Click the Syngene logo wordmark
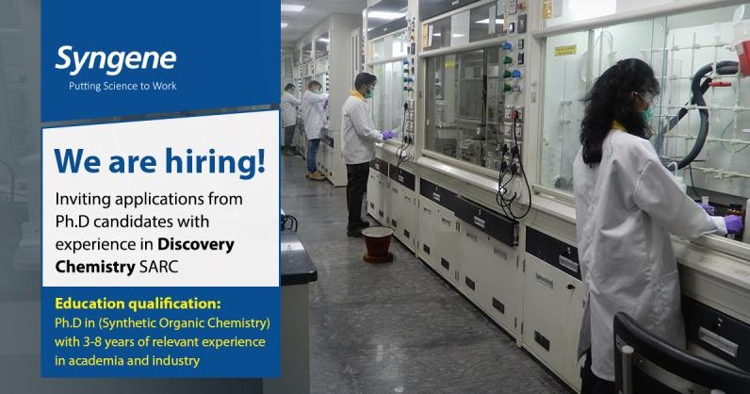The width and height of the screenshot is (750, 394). pyautogui.click(x=115, y=58)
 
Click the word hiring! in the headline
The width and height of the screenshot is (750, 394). pyautogui.click(x=218, y=160)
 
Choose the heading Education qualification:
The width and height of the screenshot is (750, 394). pyautogui.click(x=138, y=304)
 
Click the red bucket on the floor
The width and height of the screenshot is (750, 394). pyautogui.click(x=378, y=242)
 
